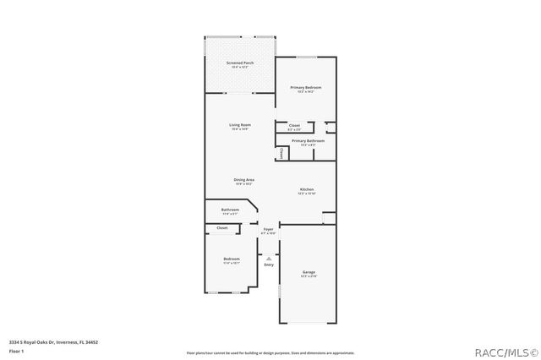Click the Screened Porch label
[x=239, y=64]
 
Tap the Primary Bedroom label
[x=306, y=88]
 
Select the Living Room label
[x=239, y=126]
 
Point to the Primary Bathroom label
[x=308, y=141]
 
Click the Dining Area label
[x=244, y=180]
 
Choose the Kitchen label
[x=306, y=190]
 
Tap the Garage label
[x=309, y=272]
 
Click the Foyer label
[x=268, y=230]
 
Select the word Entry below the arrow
[x=269, y=265]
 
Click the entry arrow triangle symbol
[x=269, y=258]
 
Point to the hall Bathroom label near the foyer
[x=230, y=210]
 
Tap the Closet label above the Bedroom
[x=222, y=227]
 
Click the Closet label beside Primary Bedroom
[x=294, y=126]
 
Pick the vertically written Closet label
[x=281, y=154]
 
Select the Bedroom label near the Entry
[x=231, y=259]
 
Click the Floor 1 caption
[x=16, y=350]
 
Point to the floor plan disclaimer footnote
[x=270, y=352]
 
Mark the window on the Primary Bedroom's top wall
[x=306, y=57]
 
